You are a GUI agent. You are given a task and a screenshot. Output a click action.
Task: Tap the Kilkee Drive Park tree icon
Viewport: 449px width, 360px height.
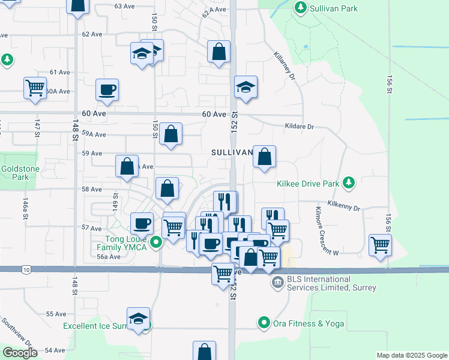349,182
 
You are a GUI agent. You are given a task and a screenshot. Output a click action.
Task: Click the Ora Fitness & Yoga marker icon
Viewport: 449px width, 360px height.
263,323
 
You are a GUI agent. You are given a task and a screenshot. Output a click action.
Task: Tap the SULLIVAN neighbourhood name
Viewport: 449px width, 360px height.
232,153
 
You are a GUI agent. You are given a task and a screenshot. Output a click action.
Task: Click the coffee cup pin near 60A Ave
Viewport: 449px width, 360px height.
107,90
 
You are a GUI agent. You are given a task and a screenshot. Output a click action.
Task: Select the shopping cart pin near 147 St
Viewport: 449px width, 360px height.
35,88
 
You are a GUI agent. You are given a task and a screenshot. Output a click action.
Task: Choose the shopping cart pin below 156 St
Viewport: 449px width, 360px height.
380,244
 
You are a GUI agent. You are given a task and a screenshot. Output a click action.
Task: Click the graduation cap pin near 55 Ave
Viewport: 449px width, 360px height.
138,319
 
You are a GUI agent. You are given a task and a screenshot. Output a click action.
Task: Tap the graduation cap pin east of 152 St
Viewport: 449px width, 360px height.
246,87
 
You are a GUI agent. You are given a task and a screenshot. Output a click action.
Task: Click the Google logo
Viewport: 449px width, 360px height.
20,353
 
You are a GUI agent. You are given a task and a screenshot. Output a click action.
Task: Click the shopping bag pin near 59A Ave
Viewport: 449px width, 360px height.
171,134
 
